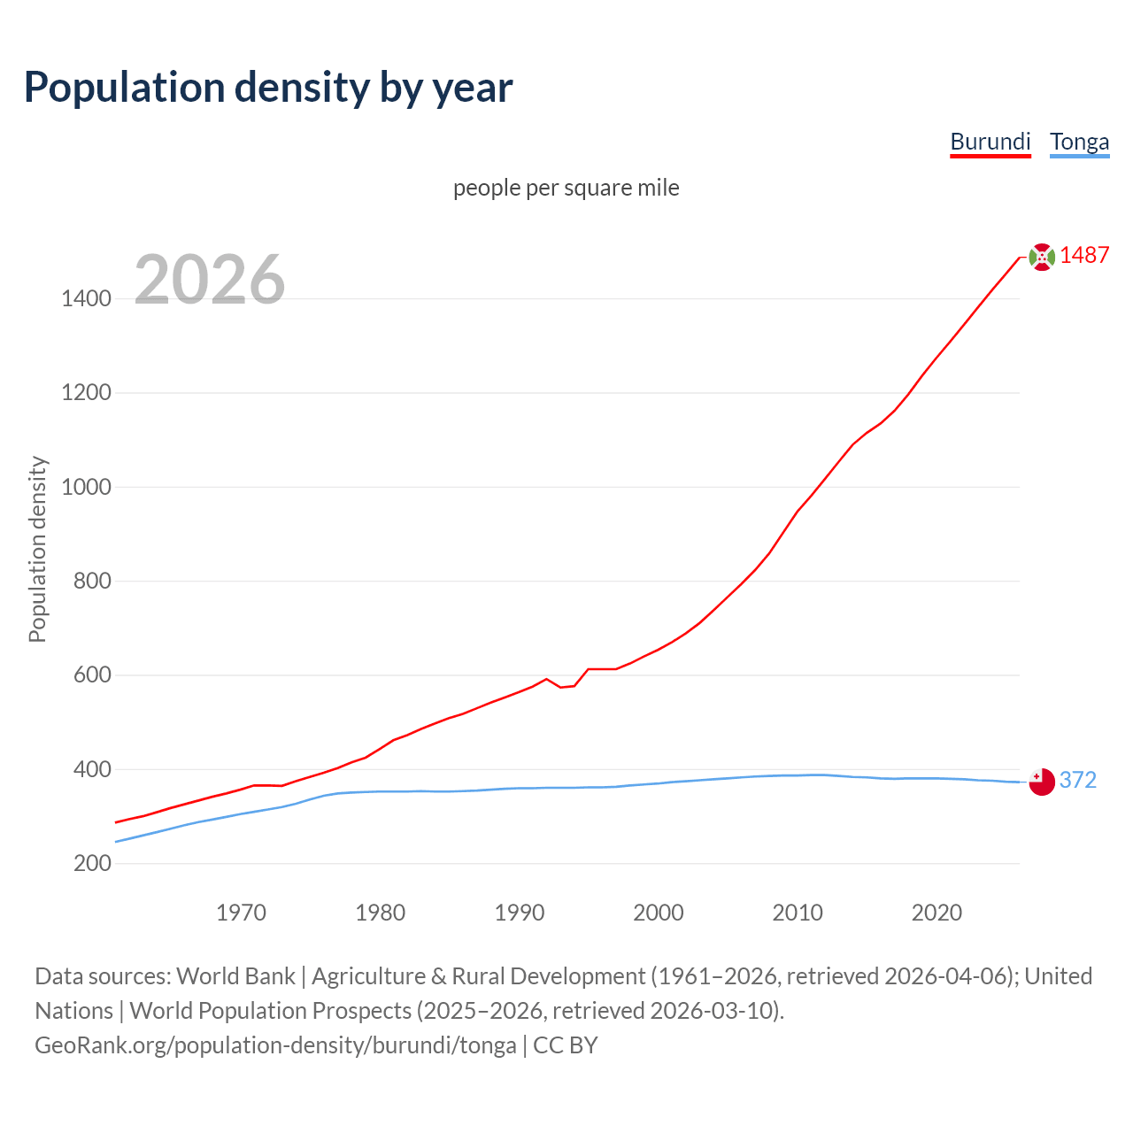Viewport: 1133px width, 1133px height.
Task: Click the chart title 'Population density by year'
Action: click(x=268, y=88)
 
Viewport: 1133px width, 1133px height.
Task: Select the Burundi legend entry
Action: click(x=990, y=142)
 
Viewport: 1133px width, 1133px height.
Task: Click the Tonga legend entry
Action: click(x=1079, y=142)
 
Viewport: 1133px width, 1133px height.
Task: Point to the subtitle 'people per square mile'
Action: click(x=566, y=188)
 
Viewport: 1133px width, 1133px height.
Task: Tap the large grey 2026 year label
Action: click(x=210, y=280)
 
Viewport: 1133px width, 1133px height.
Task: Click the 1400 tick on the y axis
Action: click(x=87, y=299)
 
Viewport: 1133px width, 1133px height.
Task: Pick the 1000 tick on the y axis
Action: click(x=87, y=487)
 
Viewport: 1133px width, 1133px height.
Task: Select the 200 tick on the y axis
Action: click(x=92, y=863)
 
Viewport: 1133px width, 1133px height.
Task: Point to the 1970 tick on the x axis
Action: click(x=241, y=913)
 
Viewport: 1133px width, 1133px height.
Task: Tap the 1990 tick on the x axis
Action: click(x=520, y=913)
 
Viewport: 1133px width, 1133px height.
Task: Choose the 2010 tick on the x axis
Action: click(x=798, y=913)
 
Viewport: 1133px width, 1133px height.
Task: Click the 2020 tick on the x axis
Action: click(x=936, y=913)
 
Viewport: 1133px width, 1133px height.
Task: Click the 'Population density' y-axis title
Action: click(x=37, y=549)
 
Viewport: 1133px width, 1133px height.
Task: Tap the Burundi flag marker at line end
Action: click(x=1042, y=257)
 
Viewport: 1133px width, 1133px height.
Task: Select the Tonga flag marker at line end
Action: click(x=1042, y=782)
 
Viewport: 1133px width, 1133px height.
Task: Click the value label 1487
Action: click(x=1084, y=256)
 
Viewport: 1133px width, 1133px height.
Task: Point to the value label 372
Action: click(x=1077, y=780)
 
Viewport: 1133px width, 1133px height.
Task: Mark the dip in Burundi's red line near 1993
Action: click(x=561, y=687)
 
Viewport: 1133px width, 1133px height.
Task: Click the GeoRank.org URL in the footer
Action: click(x=275, y=1045)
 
